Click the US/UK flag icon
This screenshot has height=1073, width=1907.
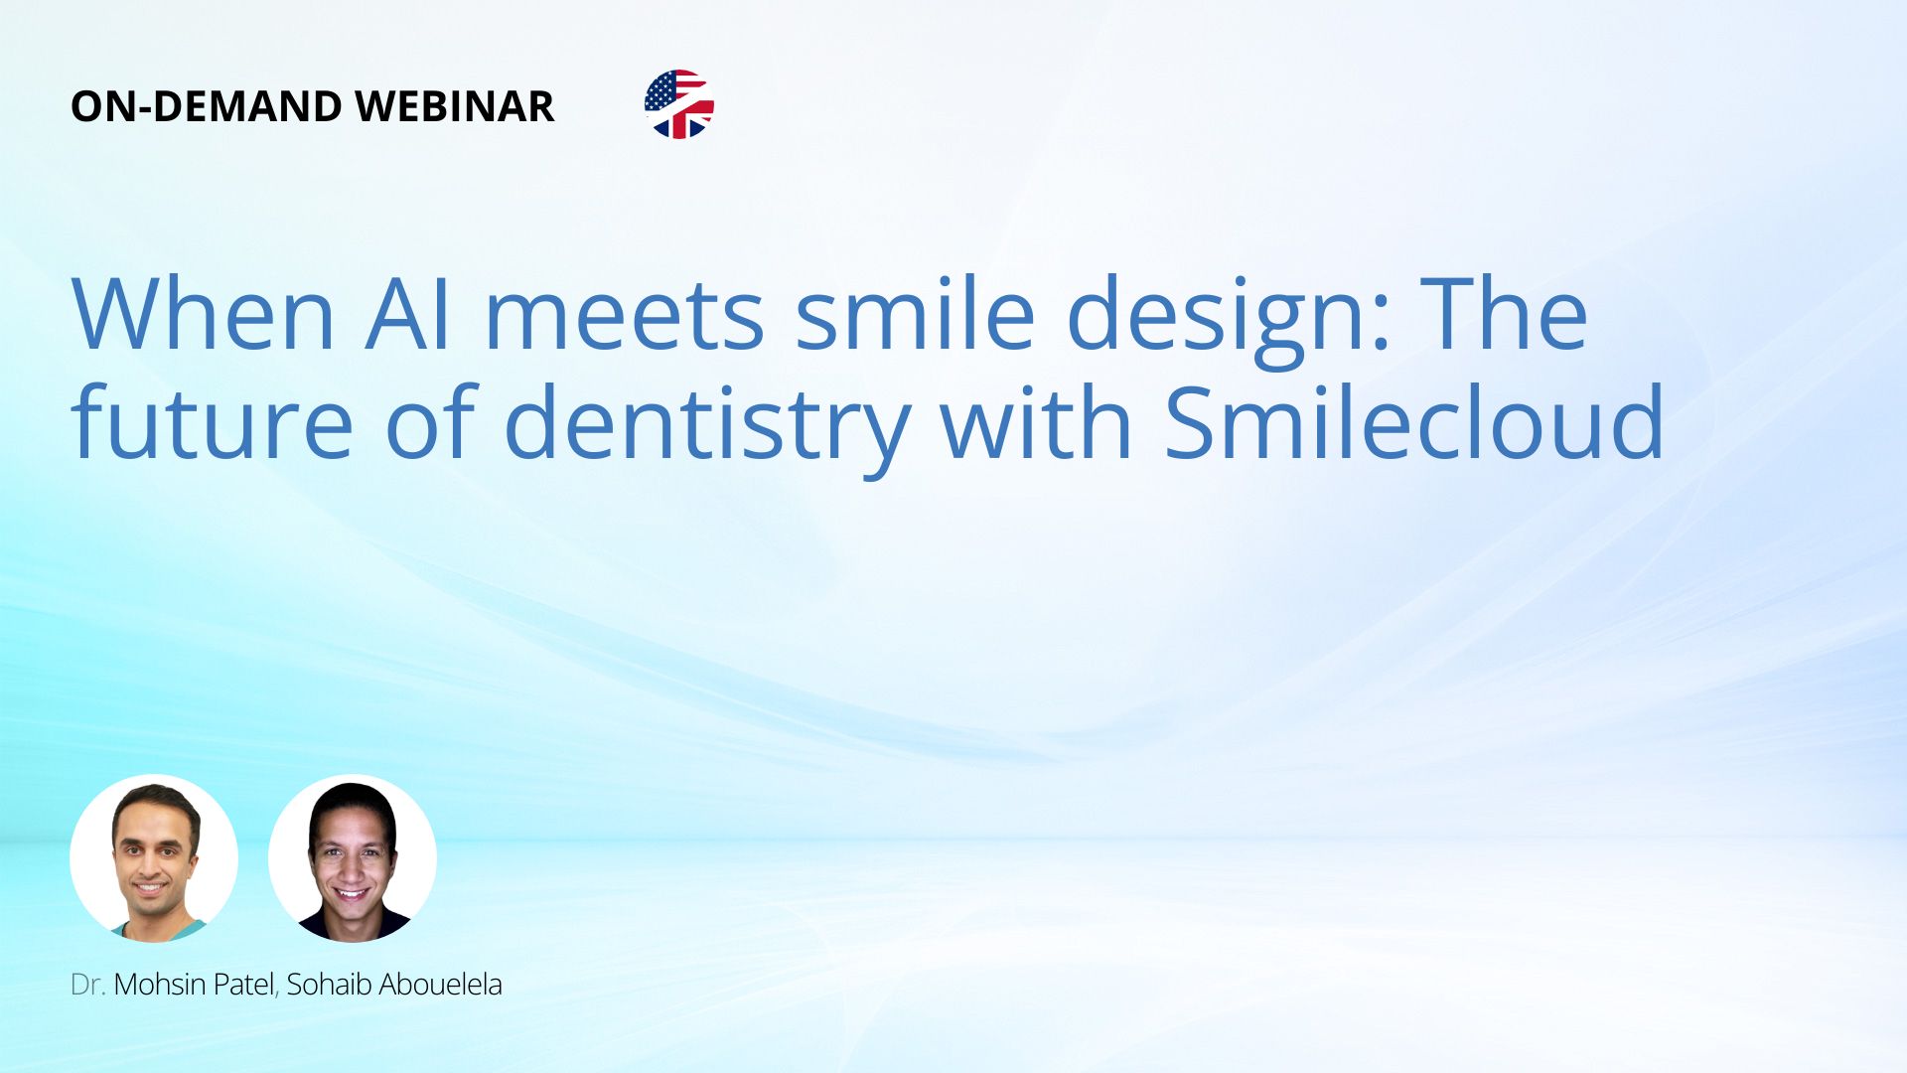tap(679, 104)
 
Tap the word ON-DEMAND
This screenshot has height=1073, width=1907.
tap(207, 106)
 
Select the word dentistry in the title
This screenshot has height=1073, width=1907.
tap(706, 429)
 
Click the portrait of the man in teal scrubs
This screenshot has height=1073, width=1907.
tap(154, 858)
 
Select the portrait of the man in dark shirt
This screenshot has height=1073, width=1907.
tap(353, 858)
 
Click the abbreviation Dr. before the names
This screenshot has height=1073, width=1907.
tap(88, 985)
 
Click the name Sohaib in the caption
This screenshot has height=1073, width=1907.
tap(330, 985)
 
